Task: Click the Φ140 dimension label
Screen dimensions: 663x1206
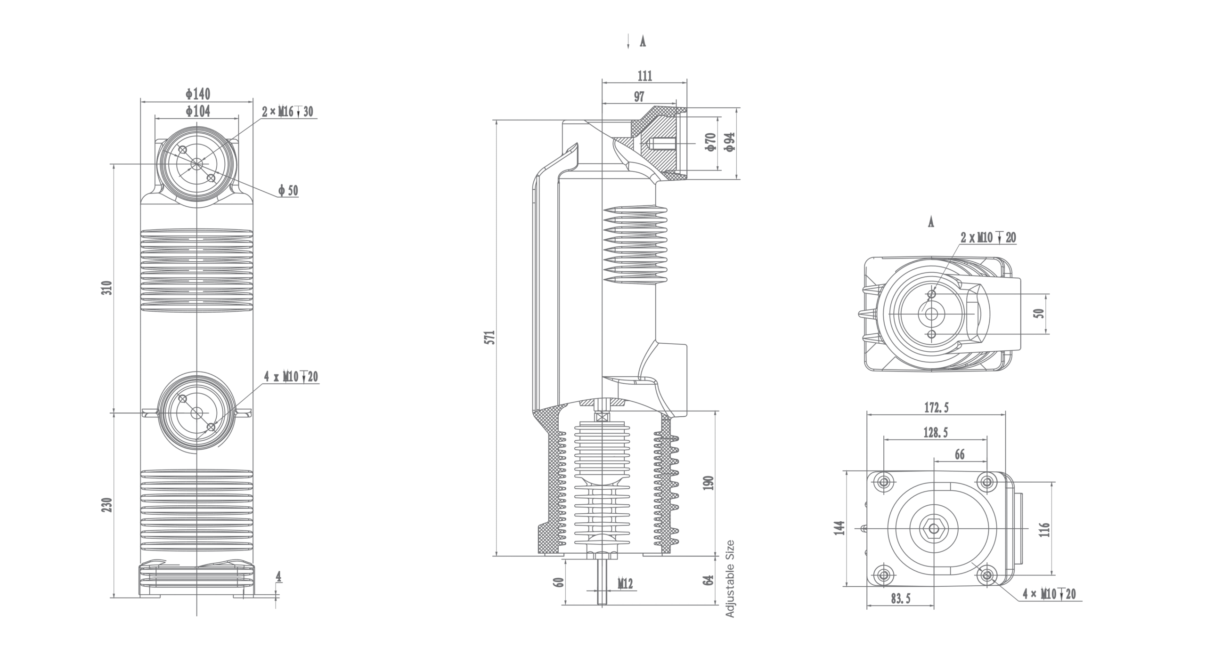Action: pyautogui.click(x=198, y=94)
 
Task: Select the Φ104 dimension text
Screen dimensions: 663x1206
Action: pyautogui.click(x=198, y=111)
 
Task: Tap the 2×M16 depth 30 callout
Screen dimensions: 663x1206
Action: pyautogui.click(x=287, y=112)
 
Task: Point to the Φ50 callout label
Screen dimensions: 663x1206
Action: pyautogui.click(x=288, y=191)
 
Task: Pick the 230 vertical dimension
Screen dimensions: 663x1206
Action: pyautogui.click(x=108, y=505)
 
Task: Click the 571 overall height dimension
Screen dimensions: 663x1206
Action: pyautogui.click(x=490, y=337)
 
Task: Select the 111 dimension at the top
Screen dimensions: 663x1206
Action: pyautogui.click(x=644, y=76)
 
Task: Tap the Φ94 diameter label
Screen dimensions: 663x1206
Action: pyautogui.click(x=729, y=142)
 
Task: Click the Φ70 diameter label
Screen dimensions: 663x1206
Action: pyautogui.click(x=711, y=142)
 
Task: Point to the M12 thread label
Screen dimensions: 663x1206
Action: pyautogui.click(x=625, y=584)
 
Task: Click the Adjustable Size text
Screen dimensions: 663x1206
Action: pyautogui.click(x=730, y=579)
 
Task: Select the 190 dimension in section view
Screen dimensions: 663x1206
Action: pyautogui.click(x=709, y=483)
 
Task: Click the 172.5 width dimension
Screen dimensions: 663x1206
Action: pyautogui.click(x=936, y=408)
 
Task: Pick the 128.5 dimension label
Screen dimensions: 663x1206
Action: pyautogui.click(x=935, y=433)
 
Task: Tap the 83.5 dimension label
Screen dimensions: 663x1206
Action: pyautogui.click(x=901, y=598)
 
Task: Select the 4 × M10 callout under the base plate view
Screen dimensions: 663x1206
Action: pyautogui.click(x=1049, y=594)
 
